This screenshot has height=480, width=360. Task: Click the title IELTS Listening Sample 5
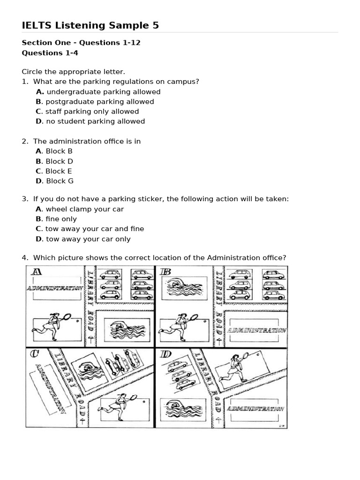90,25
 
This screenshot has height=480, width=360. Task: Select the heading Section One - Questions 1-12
81,43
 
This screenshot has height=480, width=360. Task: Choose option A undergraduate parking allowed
98,92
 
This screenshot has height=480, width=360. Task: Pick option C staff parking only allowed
87,112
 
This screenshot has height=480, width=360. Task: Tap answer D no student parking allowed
90,121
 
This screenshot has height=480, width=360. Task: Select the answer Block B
54,151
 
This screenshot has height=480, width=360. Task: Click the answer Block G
54,181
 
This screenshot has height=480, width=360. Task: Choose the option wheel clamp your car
80,209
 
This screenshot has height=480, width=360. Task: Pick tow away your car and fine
90,229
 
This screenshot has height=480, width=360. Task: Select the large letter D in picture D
166,354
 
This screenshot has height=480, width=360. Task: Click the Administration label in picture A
55,288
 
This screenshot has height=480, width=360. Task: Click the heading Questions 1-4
50,53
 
